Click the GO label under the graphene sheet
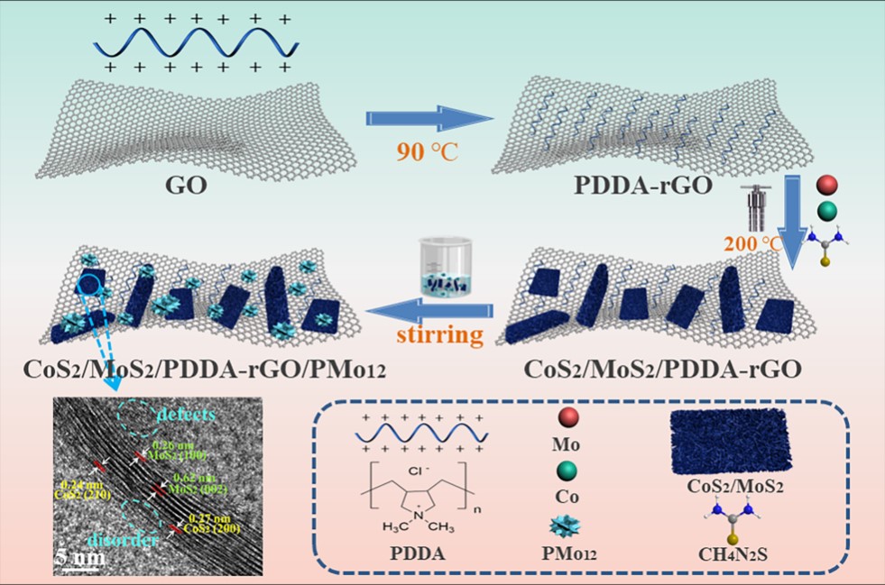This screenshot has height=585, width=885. [187, 187]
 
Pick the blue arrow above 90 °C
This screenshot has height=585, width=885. [424, 118]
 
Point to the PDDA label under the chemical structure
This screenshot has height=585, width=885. [413, 552]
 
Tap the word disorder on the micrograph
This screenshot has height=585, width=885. [113, 538]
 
